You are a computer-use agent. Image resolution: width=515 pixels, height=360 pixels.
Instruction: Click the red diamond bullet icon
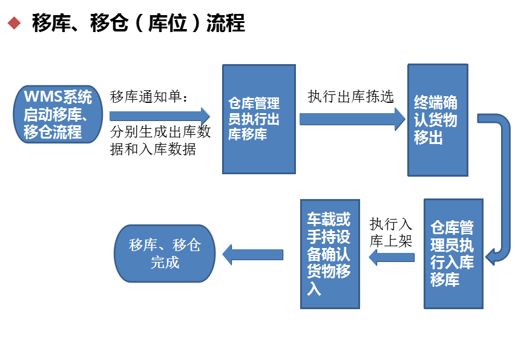point(14,23)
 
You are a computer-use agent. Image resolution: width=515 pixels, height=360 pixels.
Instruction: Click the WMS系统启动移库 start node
point(58,114)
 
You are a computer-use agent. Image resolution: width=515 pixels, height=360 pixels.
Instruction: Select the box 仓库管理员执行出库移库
point(258,119)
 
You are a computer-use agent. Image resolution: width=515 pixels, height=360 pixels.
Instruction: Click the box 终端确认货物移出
point(437,120)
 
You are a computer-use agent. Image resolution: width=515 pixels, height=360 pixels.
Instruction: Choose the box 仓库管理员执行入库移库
point(453,254)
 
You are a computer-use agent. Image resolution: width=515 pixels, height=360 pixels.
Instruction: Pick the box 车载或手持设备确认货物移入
point(330,254)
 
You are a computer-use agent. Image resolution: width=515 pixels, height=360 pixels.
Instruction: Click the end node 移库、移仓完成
point(165,254)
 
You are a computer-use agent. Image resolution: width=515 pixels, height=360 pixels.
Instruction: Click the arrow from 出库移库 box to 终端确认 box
point(352,119)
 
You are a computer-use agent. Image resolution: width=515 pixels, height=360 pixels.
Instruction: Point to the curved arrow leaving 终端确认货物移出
point(500,182)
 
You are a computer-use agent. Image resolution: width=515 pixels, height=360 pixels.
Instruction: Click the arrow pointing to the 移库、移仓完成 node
point(253,254)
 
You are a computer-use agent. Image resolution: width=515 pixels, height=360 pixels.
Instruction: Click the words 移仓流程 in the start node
point(53,132)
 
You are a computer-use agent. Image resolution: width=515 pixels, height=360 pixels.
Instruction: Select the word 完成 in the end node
point(165,263)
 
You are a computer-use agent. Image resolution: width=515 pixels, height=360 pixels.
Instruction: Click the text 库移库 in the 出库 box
point(248,135)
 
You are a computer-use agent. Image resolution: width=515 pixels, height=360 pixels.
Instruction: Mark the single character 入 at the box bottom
point(314,289)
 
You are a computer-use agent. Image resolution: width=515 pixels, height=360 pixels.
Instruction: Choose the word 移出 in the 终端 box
point(428,139)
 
